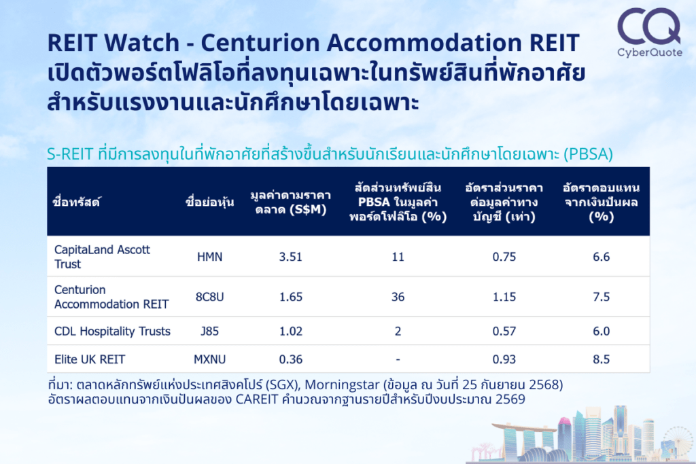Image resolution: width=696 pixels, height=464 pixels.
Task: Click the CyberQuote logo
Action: (x=649, y=33)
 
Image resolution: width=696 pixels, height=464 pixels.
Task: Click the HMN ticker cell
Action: (x=209, y=257)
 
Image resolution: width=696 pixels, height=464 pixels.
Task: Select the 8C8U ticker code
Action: (x=209, y=297)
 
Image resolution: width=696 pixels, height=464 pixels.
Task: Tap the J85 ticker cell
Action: (x=209, y=332)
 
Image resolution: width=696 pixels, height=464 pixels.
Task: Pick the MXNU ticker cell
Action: (x=209, y=359)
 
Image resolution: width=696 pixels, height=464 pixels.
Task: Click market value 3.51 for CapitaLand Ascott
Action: (x=291, y=257)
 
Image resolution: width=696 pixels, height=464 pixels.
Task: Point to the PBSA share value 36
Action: (x=398, y=297)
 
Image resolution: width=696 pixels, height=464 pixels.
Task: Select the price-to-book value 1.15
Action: (x=504, y=297)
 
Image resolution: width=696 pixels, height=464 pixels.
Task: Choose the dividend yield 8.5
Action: (x=602, y=359)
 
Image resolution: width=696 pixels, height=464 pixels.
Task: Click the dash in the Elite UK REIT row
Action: (x=398, y=360)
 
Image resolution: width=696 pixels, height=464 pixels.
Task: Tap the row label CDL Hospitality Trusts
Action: (x=112, y=332)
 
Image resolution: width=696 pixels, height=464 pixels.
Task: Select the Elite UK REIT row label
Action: (x=90, y=359)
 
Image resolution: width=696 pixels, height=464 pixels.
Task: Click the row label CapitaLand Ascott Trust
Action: (x=102, y=257)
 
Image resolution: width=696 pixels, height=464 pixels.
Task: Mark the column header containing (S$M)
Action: (x=291, y=202)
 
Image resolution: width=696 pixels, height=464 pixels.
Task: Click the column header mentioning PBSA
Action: (x=398, y=202)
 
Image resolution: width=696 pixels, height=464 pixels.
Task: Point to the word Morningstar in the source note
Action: (x=343, y=385)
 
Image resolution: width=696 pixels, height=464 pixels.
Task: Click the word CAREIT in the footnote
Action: (x=257, y=399)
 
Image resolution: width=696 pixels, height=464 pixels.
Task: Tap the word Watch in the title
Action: (x=143, y=43)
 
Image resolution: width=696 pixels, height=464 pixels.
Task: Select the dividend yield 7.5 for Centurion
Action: (x=602, y=297)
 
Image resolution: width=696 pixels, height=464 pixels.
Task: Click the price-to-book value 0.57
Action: (x=504, y=332)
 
